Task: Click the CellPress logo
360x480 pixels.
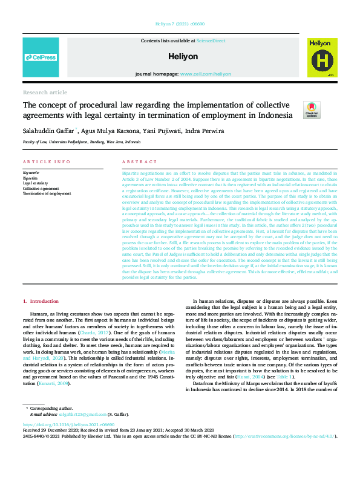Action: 41,58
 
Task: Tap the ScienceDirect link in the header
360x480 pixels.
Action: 211,41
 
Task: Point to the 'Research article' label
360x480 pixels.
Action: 45,92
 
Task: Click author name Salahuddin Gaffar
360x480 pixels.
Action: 47,130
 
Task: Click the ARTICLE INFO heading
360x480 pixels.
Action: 46,162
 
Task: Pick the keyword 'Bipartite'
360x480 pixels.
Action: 30,179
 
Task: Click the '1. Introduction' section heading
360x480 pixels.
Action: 41,300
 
